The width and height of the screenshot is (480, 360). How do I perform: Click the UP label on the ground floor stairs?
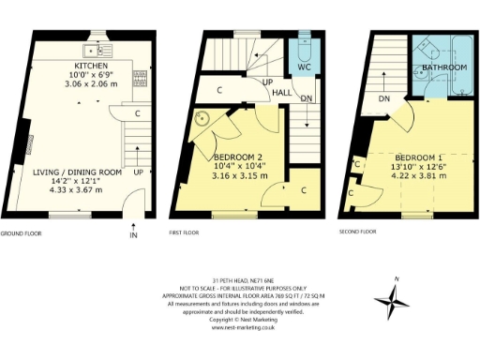coord(139,172)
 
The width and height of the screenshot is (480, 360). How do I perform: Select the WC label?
coord(304,67)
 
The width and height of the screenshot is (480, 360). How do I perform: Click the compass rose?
coord(392,301)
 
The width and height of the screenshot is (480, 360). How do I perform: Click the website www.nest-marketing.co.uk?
coord(243,328)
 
